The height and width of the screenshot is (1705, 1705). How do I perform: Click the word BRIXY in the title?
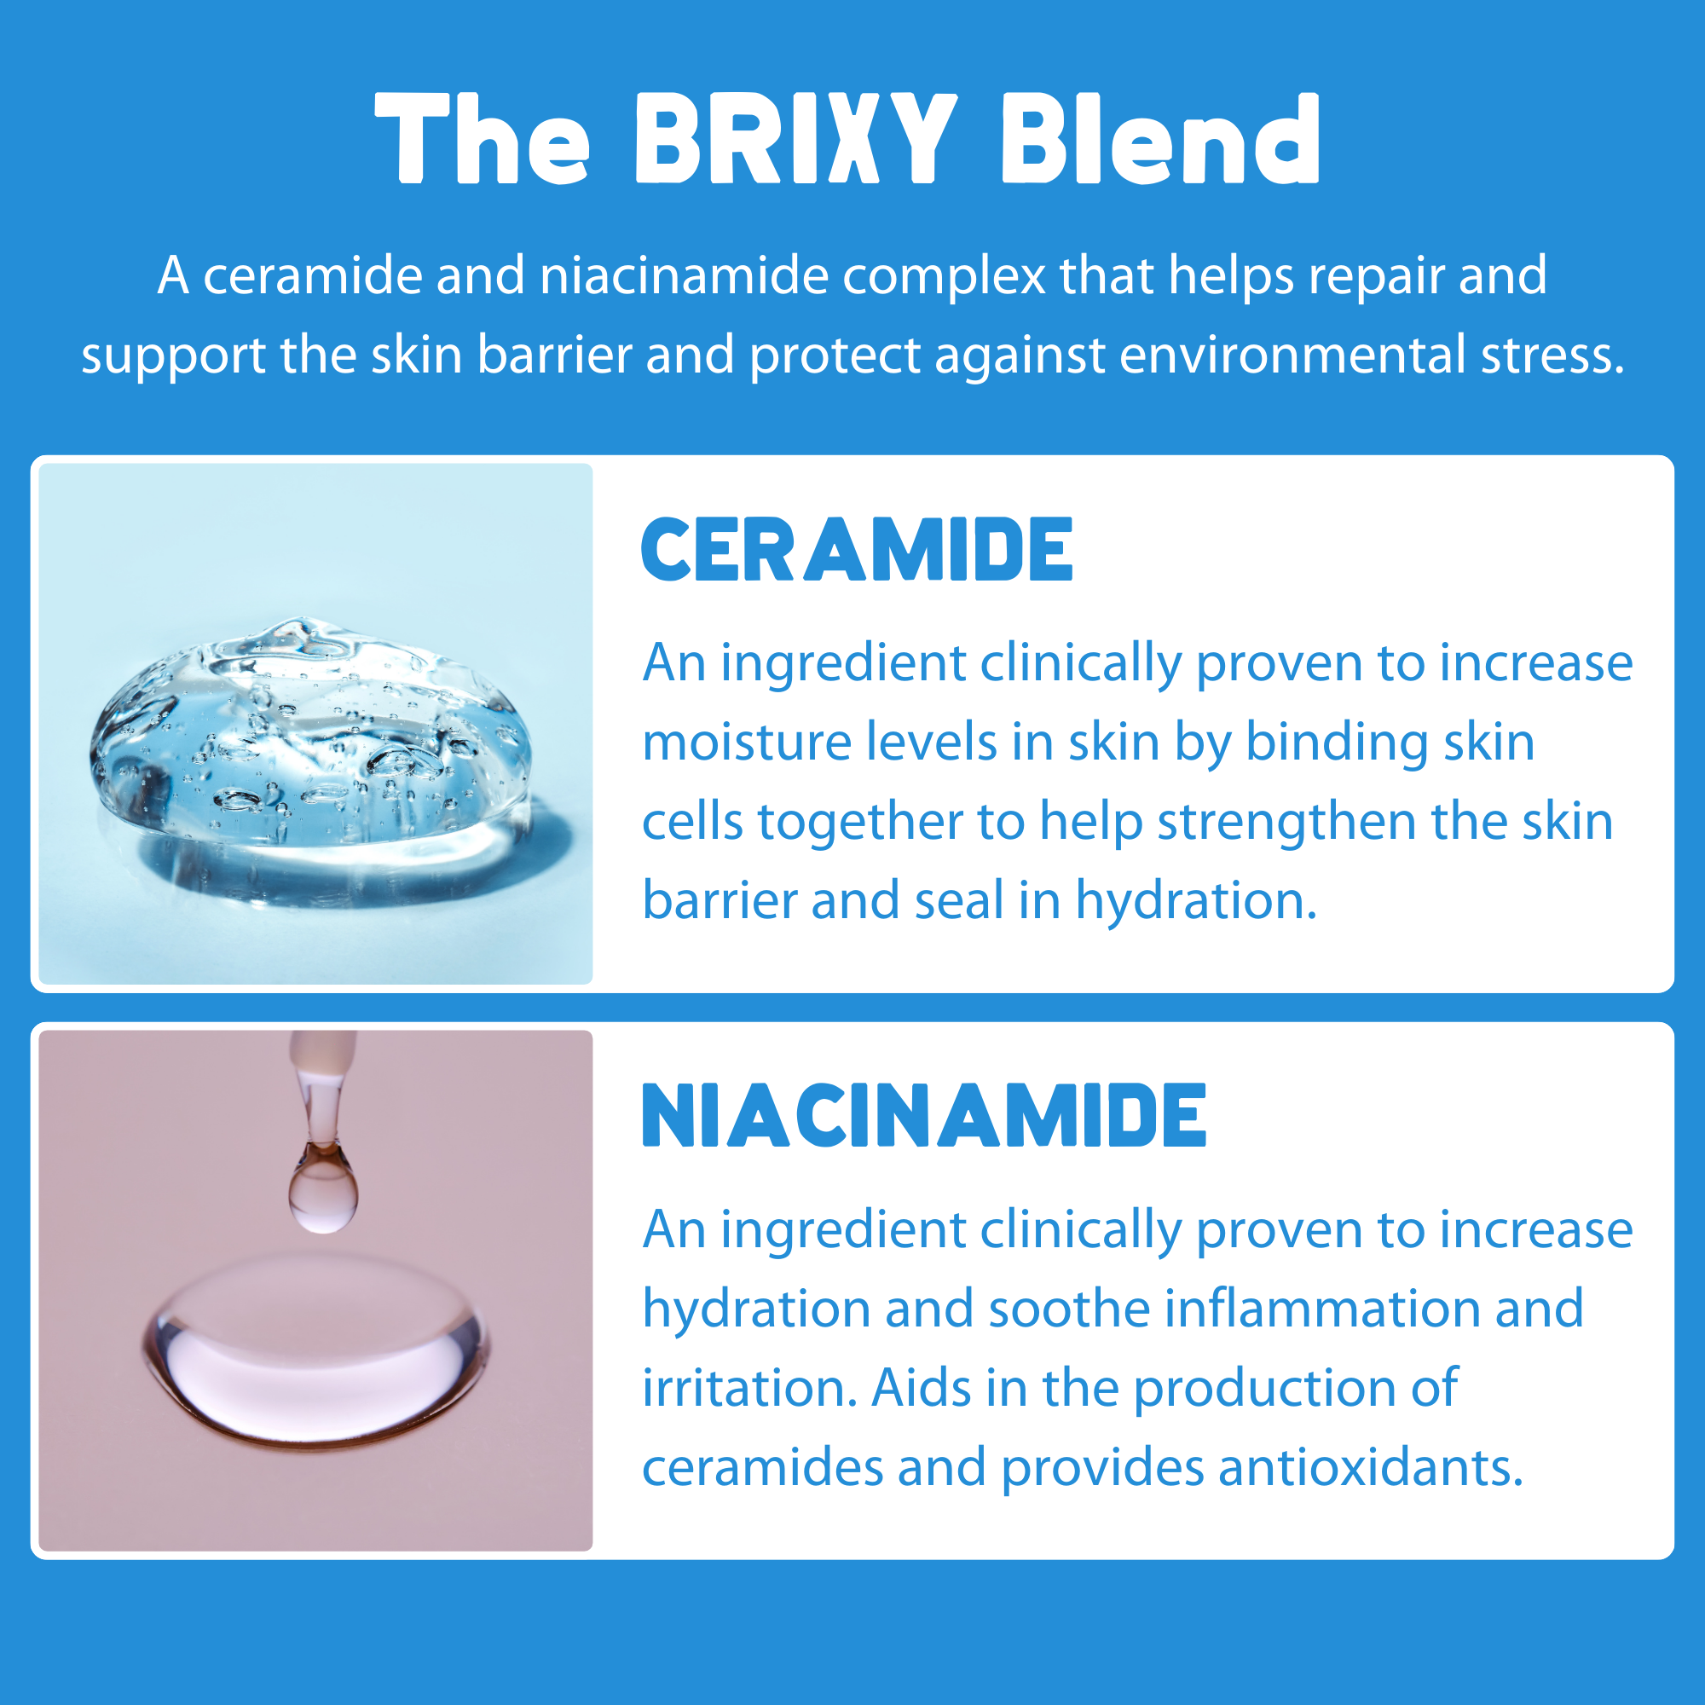coord(796,140)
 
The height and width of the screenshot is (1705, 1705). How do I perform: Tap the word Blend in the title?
coord(1159,140)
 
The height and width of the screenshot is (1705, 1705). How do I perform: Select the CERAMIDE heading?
coord(857,550)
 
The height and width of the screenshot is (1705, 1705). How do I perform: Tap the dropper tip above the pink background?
coord(323,1072)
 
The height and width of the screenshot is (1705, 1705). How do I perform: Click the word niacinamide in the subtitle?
coord(684,276)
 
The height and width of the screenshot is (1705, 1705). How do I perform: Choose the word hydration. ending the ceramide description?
coord(1196,901)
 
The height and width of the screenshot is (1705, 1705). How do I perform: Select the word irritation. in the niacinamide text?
coord(749,1388)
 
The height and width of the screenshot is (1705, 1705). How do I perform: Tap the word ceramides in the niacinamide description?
coord(762,1468)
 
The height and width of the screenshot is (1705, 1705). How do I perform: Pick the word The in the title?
coord(483,140)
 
